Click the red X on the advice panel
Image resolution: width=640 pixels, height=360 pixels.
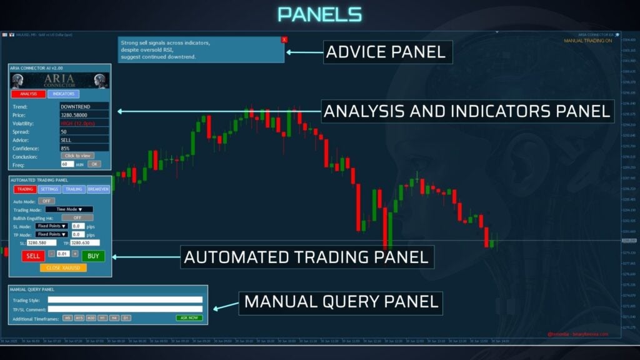click(284, 39)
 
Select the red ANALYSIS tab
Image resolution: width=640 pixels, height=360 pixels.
click(28, 94)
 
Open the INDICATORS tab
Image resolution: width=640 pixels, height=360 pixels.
click(63, 94)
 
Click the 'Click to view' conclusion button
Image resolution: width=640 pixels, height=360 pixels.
click(77, 156)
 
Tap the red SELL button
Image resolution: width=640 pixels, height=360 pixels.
click(32, 256)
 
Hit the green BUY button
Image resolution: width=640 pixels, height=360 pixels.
click(93, 256)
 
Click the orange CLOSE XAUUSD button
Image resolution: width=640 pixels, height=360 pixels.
click(63, 267)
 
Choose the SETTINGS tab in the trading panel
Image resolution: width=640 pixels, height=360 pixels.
click(49, 189)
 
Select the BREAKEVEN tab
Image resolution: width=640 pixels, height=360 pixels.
click(98, 189)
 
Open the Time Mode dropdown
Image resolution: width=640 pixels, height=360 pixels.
click(69, 209)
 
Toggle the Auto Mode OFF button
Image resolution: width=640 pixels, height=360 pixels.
click(46, 201)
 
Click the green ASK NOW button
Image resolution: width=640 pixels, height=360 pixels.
click(189, 318)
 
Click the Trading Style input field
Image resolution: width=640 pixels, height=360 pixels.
click(125, 300)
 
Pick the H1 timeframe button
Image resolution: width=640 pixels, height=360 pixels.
click(102, 318)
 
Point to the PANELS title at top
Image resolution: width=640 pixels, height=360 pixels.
click(319, 15)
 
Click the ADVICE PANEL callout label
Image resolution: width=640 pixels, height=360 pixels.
click(387, 52)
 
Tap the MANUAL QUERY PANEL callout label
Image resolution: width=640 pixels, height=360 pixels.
click(341, 302)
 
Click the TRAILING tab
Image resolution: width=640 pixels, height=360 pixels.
click(74, 189)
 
